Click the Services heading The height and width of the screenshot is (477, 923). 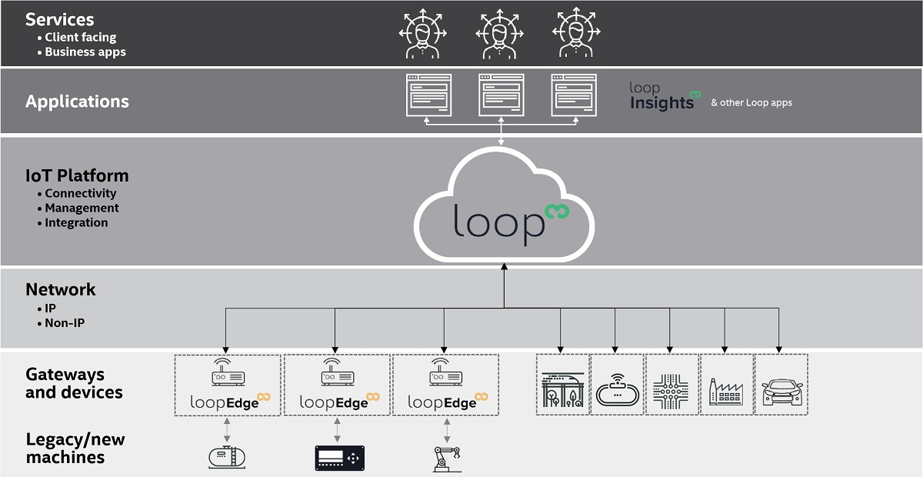(60, 20)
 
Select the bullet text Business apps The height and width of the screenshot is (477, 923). (85, 52)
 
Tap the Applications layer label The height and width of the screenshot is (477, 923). (77, 102)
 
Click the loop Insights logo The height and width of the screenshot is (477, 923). (665, 96)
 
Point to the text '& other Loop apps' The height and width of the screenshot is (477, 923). (751, 102)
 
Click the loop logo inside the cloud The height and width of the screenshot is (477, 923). (511, 223)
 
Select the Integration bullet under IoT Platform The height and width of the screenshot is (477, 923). (76, 222)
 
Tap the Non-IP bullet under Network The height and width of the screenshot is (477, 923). (65, 323)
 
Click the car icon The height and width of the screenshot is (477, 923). (781, 392)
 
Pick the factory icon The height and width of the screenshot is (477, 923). (726, 392)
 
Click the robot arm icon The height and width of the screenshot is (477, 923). (447, 459)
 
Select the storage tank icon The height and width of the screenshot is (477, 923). (227, 457)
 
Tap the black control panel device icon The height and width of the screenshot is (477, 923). (339, 458)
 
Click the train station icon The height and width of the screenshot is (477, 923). (563, 390)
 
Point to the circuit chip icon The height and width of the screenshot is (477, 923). (671, 392)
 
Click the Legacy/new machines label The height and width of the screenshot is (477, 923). (75, 449)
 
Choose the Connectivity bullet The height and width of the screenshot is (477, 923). (80, 193)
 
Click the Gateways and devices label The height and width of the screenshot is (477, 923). (74, 383)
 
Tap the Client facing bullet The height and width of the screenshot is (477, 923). (80, 38)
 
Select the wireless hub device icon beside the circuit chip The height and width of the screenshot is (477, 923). (617, 389)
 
